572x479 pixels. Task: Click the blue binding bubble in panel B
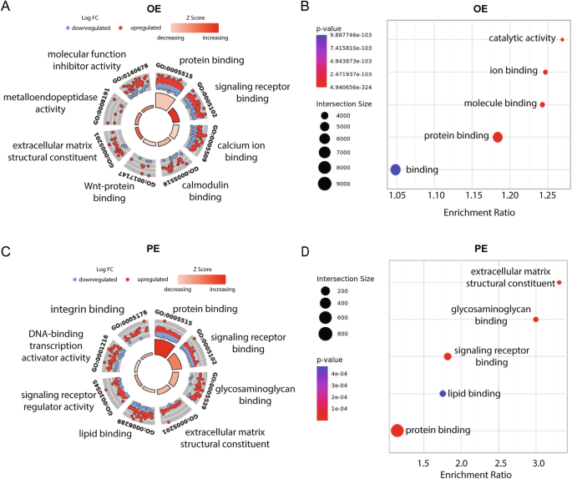[x=396, y=169]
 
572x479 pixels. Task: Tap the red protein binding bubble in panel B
[x=498, y=137]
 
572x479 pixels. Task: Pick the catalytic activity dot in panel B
[x=562, y=39]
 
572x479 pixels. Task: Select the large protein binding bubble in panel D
[x=397, y=431]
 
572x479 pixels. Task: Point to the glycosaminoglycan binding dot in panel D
[x=536, y=320]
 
